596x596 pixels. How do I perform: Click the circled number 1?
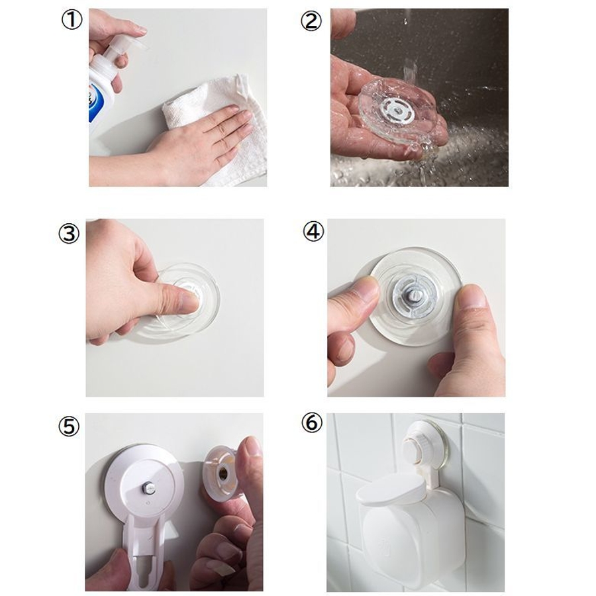72,20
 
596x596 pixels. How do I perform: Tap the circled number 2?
311,21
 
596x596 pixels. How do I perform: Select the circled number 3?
69,233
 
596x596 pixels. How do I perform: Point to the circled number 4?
313,232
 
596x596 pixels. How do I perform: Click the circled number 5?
69,426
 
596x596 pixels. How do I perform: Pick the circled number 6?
312,422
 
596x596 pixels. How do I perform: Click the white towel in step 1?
221,129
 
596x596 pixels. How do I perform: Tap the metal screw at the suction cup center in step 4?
415,297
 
